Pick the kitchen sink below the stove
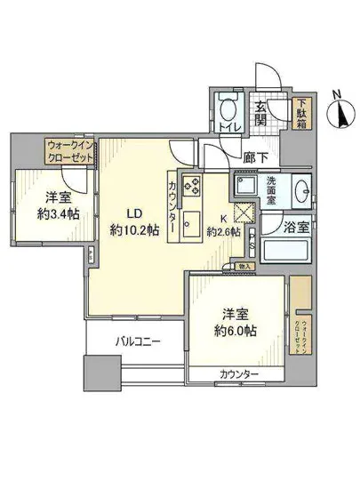[190, 228]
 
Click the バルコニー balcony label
[135, 341]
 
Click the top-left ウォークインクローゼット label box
[69, 148]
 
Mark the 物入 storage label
[244, 265]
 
